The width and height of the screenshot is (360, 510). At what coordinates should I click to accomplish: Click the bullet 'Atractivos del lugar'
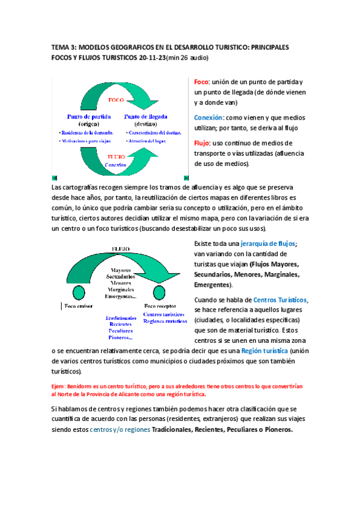tap(146, 140)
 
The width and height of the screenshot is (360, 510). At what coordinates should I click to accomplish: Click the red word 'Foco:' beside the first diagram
tap(201, 82)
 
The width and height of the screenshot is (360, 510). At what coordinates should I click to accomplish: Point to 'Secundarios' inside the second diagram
tap(121, 276)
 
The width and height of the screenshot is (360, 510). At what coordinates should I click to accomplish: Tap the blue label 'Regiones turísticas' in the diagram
tap(164, 321)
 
